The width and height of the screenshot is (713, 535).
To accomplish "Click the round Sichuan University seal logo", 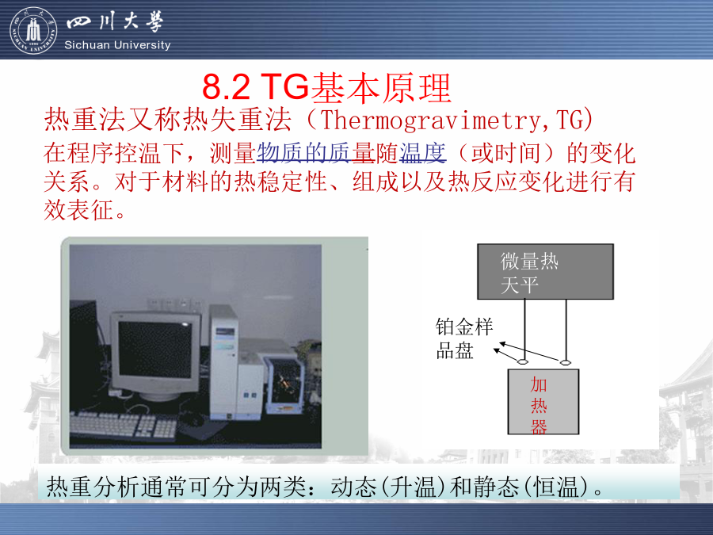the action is pos(33,30).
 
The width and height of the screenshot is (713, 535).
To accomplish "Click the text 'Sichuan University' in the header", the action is pos(117,45).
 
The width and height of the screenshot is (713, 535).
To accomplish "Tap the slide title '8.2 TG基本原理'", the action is pos(326,87).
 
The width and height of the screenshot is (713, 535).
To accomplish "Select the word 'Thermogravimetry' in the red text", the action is pos(430,120).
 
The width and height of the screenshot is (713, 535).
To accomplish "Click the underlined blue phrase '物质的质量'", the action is pos(316,152).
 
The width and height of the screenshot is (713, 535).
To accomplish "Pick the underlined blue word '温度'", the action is pos(423,152).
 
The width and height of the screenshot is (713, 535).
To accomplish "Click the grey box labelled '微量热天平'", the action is pos(545,272).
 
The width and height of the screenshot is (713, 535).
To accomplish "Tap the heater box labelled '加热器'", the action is pos(543,402).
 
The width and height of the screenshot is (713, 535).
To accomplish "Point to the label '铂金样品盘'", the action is pos(463,339).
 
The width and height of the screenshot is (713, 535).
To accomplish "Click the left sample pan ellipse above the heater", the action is pos(523,362).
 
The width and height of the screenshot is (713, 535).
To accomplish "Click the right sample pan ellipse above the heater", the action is pos(565,362).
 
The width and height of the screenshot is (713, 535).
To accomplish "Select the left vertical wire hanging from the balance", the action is pos(524,329).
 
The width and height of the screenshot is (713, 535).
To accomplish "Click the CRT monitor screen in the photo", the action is pos(154,350).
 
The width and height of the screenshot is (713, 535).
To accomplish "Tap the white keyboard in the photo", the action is pos(123,426).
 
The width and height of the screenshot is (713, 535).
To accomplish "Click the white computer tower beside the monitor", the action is pos(223,361).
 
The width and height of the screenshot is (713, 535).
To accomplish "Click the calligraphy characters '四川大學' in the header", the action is pos(115,22).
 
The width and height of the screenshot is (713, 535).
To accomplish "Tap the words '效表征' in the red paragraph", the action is pos(78,210).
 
